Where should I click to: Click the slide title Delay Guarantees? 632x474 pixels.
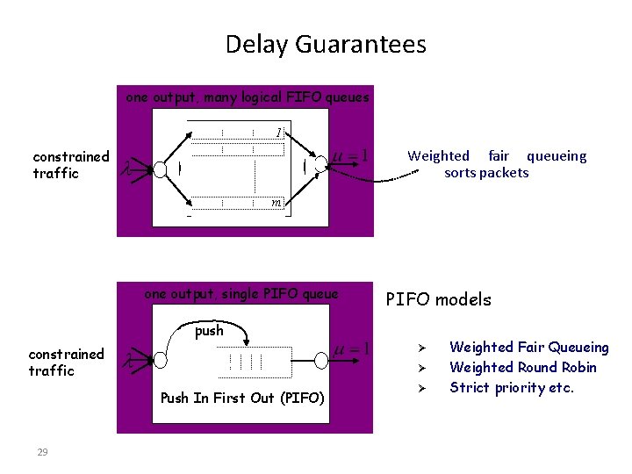(x=326, y=44)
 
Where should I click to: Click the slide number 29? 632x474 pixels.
(x=42, y=452)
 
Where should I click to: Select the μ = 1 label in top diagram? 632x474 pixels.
(x=349, y=157)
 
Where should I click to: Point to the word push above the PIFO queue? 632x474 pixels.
(x=209, y=331)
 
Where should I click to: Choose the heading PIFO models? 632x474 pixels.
(x=439, y=300)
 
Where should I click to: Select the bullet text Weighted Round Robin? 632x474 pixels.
(x=522, y=368)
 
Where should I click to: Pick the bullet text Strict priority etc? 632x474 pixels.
(x=511, y=388)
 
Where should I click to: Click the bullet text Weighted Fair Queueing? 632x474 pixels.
(x=528, y=348)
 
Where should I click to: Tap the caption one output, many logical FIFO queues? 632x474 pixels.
(x=247, y=97)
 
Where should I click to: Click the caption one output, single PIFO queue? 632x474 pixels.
(x=241, y=294)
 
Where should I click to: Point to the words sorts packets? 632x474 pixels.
(x=486, y=173)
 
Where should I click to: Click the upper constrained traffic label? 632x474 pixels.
(x=71, y=165)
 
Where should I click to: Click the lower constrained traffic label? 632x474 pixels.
(x=67, y=363)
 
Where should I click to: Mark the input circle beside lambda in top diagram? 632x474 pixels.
(x=161, y=169)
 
